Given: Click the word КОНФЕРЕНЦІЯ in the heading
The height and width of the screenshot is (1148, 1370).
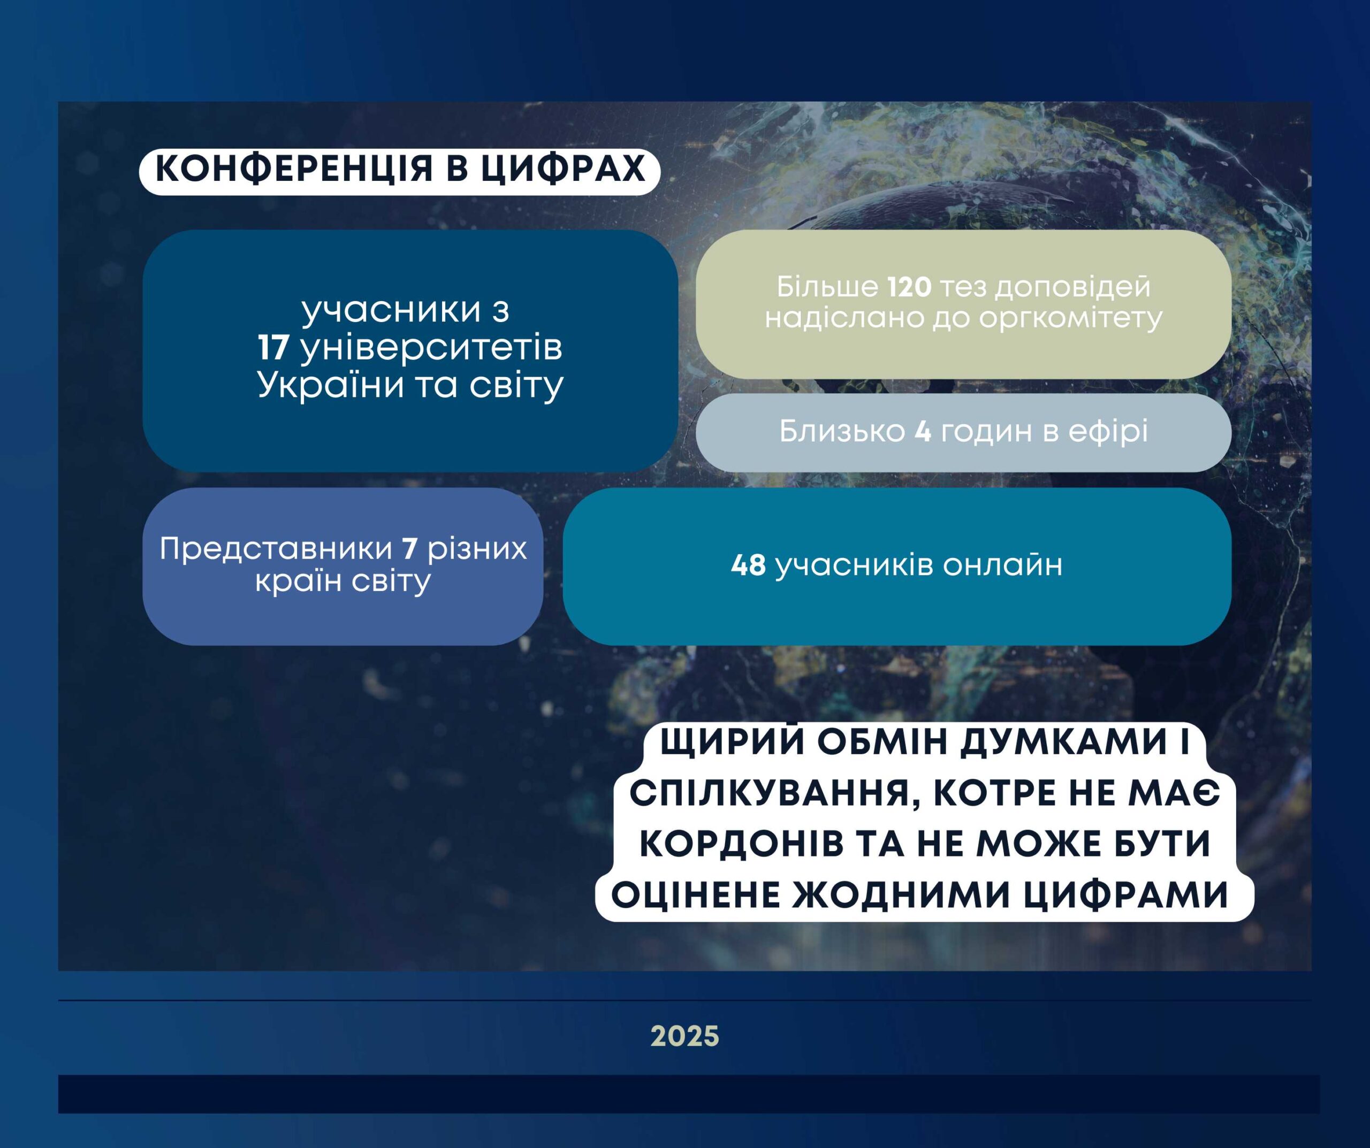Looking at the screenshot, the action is point(294,169).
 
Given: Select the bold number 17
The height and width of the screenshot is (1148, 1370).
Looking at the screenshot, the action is point(273,348).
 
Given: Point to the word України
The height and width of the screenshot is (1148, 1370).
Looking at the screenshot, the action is point(330,385).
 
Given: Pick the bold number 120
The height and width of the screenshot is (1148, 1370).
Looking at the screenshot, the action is point(909,287).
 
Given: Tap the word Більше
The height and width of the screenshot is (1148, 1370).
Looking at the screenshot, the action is point(827,287).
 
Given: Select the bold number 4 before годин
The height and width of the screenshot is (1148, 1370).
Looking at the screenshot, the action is point(923,431).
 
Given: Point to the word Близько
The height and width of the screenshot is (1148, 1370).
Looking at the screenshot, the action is point(842,431).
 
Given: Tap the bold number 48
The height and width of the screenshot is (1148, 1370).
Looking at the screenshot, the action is point(748,565).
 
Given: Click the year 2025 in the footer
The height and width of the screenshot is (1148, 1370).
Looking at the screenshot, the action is point(685,1036).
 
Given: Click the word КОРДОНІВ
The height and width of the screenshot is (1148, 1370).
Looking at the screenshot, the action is point(741,845).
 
